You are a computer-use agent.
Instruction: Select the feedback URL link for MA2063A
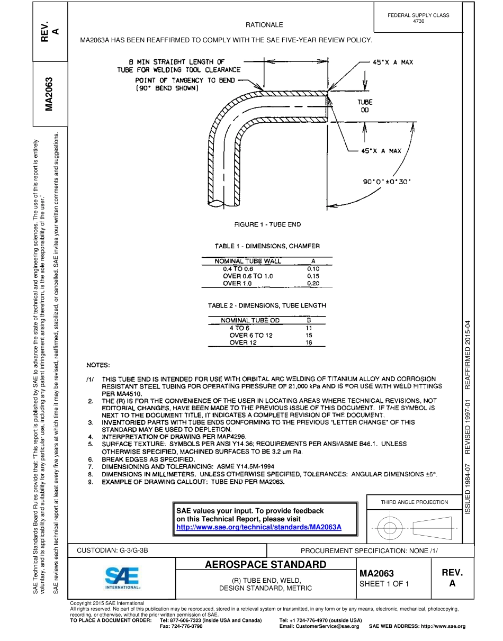[x=258, y=527]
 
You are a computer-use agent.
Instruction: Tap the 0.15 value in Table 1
[x=313, y=276]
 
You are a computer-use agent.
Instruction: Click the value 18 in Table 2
[x=309, y=342]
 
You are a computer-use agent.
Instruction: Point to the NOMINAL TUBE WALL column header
[x=248, y=261]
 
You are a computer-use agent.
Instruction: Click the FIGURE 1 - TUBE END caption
[x=267, y=224]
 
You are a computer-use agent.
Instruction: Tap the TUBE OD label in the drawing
[x=365, y=106]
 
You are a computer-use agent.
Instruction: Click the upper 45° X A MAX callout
[x=393, y=62]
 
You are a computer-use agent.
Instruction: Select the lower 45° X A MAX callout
[x=381, y=151]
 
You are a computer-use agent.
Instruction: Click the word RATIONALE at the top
[x=264, y=25]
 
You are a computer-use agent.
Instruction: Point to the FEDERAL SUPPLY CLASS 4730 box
[x=418, y=18]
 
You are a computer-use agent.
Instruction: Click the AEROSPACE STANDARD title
[x=265, y=564]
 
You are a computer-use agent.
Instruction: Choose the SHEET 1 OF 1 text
[x=384, y=584]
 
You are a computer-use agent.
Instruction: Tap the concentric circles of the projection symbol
[x=390, y=528]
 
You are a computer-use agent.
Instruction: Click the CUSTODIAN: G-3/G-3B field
[x=113, y=550]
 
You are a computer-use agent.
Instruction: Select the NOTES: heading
[x=98, y=365]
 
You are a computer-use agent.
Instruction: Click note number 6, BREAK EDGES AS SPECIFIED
[x=141, y=459]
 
